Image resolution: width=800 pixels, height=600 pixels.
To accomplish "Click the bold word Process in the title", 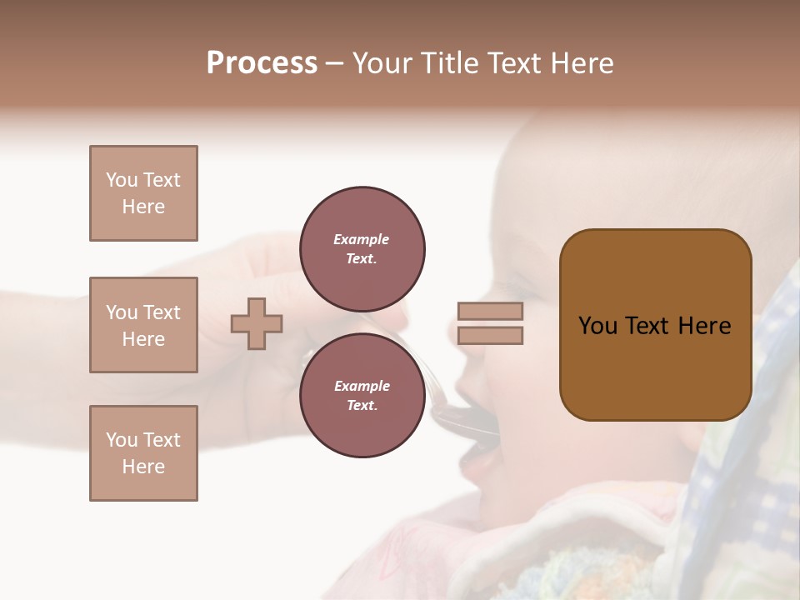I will coord(262,63).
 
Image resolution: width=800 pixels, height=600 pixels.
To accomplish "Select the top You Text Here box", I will coord(143,193).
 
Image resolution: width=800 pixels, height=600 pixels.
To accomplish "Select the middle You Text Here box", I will coord(143,325).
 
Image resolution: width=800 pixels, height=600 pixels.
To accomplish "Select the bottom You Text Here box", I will coord(143,453).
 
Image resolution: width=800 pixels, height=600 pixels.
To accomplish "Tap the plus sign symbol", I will coord(257,323).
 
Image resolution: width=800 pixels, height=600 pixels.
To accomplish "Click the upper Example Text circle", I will coord(362,249).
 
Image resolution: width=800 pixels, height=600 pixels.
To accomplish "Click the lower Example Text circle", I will coord(362,396).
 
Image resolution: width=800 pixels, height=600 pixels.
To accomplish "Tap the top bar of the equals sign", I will coord(490,311).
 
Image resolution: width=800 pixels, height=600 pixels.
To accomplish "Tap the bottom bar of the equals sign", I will coord(490,335).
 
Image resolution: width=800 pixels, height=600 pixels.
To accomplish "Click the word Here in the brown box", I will coord(704,326).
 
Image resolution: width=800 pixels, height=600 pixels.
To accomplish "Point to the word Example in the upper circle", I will coord(362,239).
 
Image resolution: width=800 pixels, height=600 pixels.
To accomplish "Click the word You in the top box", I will coord(121,180).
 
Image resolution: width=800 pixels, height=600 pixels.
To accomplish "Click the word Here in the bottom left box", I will coord(143,467).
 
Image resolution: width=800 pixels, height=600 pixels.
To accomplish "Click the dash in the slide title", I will coord(334,63).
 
